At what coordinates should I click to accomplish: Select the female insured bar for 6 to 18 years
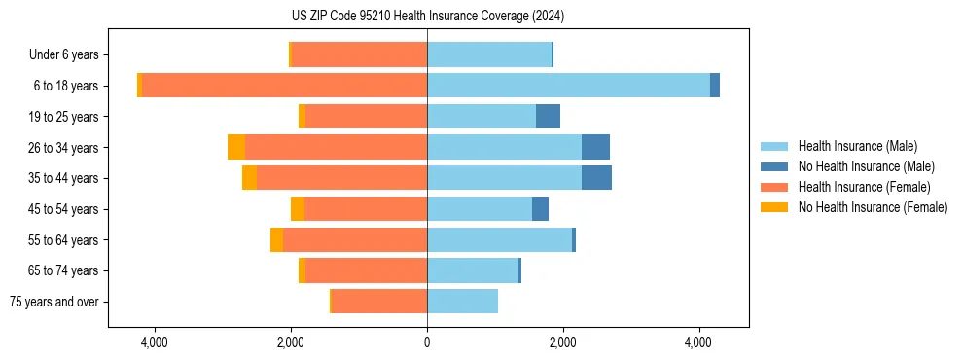pyautogui.click(x=284, y=86)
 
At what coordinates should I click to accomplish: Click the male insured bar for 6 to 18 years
pyautogui.click(x=568, y=86)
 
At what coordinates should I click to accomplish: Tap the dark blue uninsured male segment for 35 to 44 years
pyautogui.click(x=596, y=178)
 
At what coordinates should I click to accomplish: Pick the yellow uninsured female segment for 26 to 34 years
pyautogui.click(x=235, y=147)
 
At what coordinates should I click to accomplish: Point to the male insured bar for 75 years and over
pyautogui.click(x=462, y=302)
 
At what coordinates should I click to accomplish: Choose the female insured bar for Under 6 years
pyautogui.click(x=359, y=54)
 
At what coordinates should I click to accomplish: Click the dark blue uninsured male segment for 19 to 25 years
pyautogui.click(x=548, y=117)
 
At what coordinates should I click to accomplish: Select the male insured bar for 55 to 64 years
pyautogui.click(x=499, y=239)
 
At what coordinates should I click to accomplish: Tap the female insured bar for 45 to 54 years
pyautogui.click(x=366, y=209)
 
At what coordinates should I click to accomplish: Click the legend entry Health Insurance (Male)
pyautogui.click(x=856, y=146)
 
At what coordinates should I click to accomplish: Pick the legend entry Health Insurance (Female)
pyautogui.click(x=863, y=187)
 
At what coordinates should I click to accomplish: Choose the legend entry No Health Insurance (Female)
pyautogui.click(x=872, y=207)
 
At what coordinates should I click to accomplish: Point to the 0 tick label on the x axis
pyautogui.click(x=427, y=343)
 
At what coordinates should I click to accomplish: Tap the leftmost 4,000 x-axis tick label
pyautogui.click(x=155, y=343)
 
